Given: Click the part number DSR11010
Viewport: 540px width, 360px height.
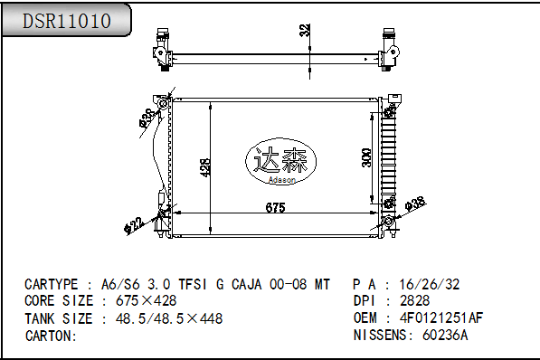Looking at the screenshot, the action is click(x=67, y=21).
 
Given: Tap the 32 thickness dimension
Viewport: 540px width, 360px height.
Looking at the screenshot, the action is click(x=305, y=30).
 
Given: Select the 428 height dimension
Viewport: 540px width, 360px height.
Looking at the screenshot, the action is click(x=205, y=167).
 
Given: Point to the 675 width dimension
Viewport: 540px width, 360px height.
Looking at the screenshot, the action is click(x=276, y=207).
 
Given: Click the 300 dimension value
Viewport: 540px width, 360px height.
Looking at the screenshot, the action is click(x=366, y=157).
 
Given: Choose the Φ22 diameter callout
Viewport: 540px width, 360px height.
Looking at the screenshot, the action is click(x=133, y=225).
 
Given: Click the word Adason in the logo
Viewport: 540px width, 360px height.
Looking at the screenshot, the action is click(x=282, y=180).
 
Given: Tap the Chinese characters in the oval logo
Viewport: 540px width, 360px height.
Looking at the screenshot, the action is click(x=280, y=160).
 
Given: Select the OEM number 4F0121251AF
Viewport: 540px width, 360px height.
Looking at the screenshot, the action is click(x=441, y=317).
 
